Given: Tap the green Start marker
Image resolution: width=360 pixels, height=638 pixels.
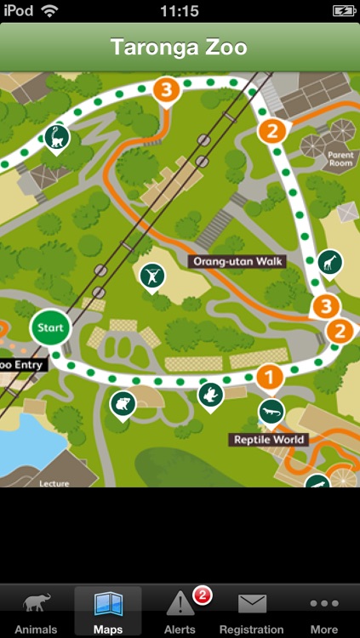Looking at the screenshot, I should coord(50,328).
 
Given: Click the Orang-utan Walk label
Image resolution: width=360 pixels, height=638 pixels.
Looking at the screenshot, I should coord(236,261).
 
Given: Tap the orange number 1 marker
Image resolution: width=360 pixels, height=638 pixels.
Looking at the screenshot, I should coord(269,375).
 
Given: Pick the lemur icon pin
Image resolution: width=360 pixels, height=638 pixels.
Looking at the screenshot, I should coord(58,138).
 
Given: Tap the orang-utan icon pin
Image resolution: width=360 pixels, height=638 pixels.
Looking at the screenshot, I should coord(152,275).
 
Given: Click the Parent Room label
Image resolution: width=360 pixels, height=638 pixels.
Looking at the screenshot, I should coord(340,159).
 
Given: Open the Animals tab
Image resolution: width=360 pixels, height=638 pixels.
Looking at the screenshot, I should coord(37,613).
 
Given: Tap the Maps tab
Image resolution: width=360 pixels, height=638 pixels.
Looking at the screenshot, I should coord(107,613).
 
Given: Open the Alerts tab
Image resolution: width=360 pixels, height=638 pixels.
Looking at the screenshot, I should coord(180,613).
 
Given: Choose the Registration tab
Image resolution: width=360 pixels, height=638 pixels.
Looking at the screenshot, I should coord(251,613).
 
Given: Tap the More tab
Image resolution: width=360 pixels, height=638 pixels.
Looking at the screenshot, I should coord(323,613).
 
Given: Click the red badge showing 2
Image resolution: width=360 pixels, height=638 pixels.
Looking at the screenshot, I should coord(202,596).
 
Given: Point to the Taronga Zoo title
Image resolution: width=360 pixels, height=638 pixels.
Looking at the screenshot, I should coord(180,47).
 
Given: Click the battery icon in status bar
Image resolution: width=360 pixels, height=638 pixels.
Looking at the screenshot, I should coord(343,11).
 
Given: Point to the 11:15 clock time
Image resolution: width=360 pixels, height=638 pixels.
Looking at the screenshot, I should coord(180,11).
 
